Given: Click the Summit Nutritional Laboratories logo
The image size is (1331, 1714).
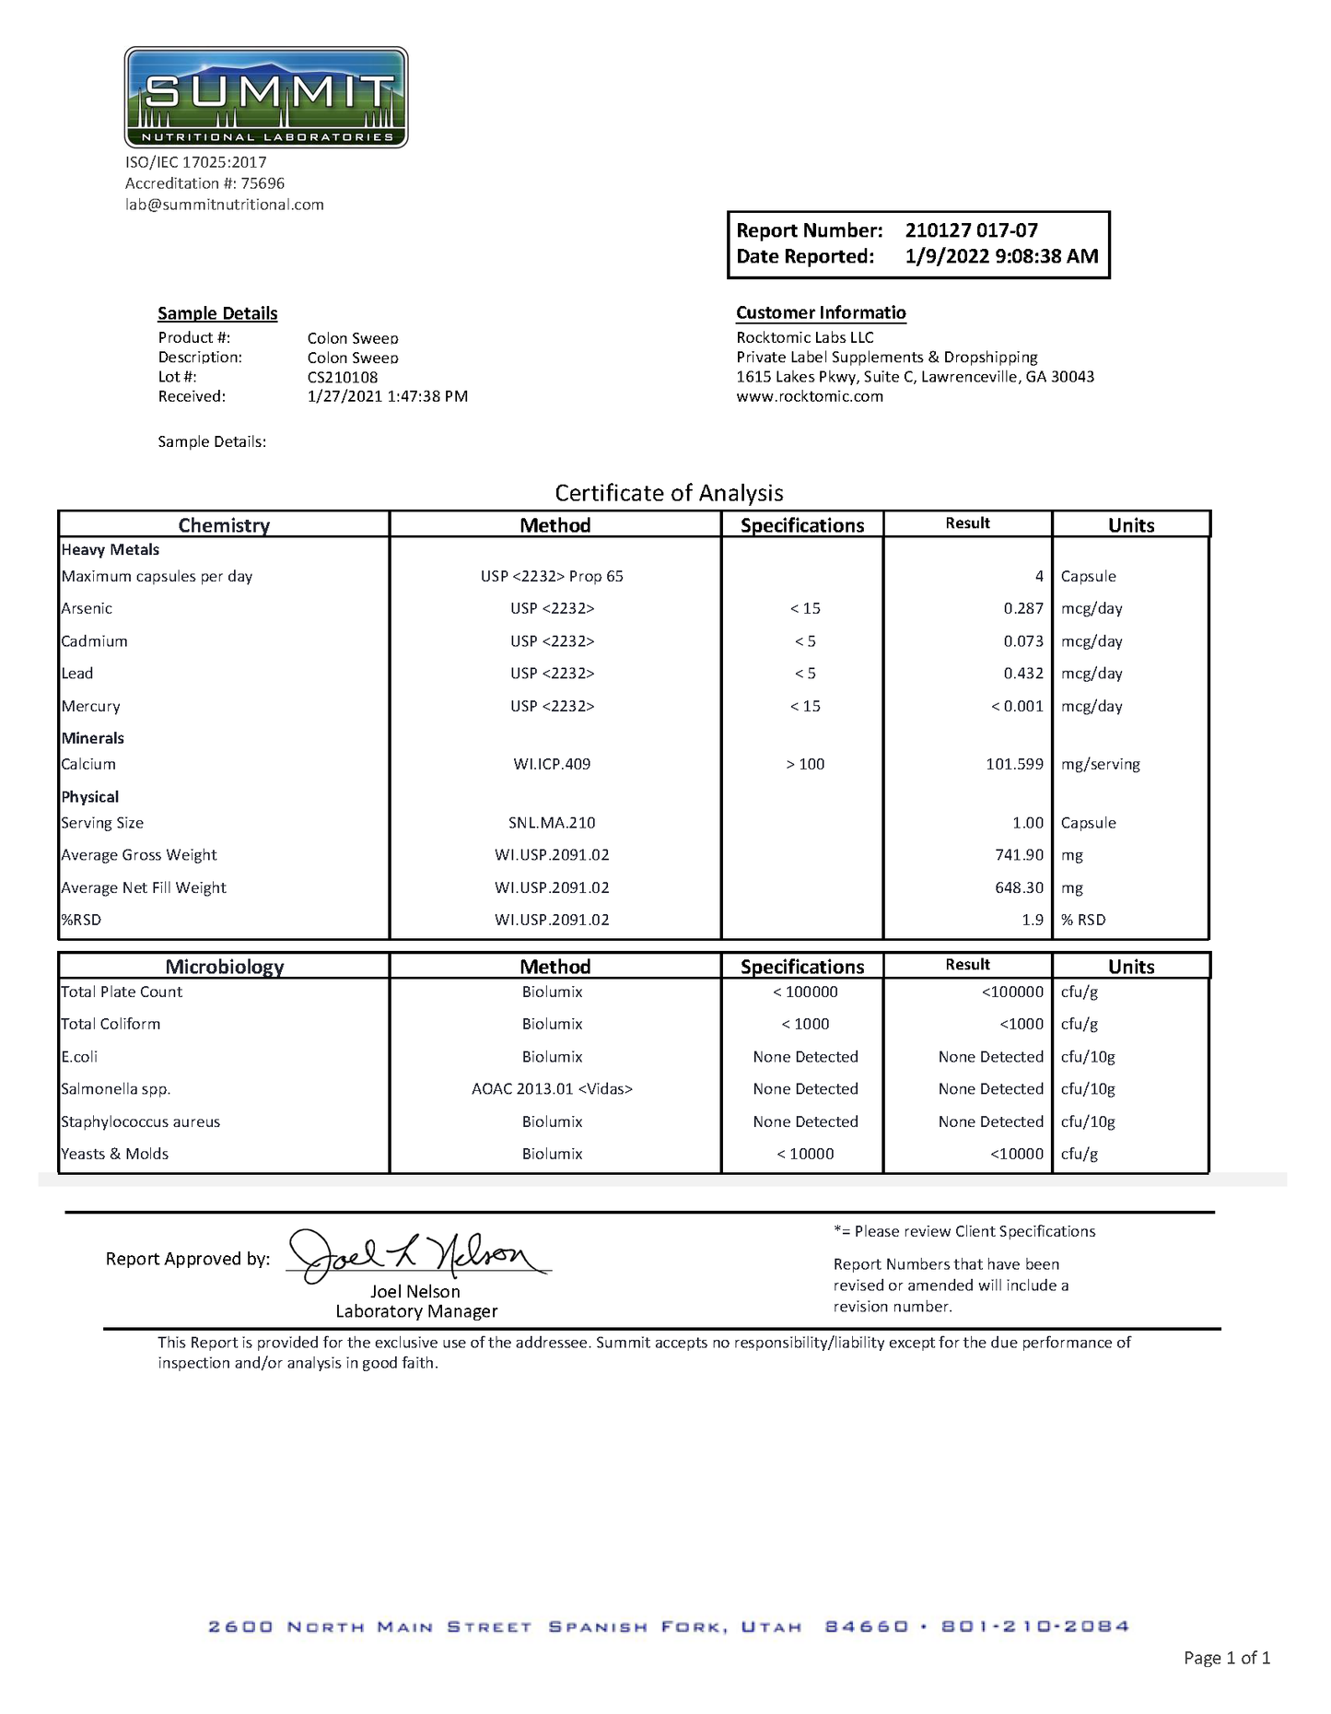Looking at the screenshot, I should click(x=266, y=98).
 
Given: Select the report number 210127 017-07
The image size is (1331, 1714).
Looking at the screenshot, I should click(x=971, y=230).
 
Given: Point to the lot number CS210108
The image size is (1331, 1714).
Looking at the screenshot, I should click(x=342, y=377).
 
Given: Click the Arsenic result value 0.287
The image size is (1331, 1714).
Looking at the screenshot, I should click(x=1023, y=608).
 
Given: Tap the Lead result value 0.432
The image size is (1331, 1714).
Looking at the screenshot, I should click(x=1023, y=674).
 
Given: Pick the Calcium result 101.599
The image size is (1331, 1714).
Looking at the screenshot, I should click(x=1014, y=764).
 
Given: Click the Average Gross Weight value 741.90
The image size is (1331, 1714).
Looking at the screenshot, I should click(x=1019, y=855).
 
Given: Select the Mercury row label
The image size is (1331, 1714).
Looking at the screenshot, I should click(x=90, y=706).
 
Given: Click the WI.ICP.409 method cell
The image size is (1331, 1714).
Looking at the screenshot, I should click(x=552, y=764).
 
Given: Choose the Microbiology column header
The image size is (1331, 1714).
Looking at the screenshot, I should click(x=224, y=967).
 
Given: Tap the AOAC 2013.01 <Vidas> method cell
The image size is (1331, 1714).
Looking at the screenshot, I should click(x=552, y=1089).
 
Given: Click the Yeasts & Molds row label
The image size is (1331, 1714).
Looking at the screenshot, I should click(x=114, y=1154).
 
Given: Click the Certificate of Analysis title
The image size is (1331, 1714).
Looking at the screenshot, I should click(x=669, y=493).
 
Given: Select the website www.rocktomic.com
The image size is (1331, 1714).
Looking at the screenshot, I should click(x=809, y=396).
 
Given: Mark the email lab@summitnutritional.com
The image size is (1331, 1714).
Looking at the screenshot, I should click(x=225, y=205).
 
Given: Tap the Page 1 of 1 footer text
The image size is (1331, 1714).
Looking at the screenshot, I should click(x=1226, y=1658).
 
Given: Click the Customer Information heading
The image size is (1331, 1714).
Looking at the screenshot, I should click(x=821, y=313).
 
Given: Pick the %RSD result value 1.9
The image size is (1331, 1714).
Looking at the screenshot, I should click(x=1033, y=920).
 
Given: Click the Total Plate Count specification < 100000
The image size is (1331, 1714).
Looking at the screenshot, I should click(x=805, y=992).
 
